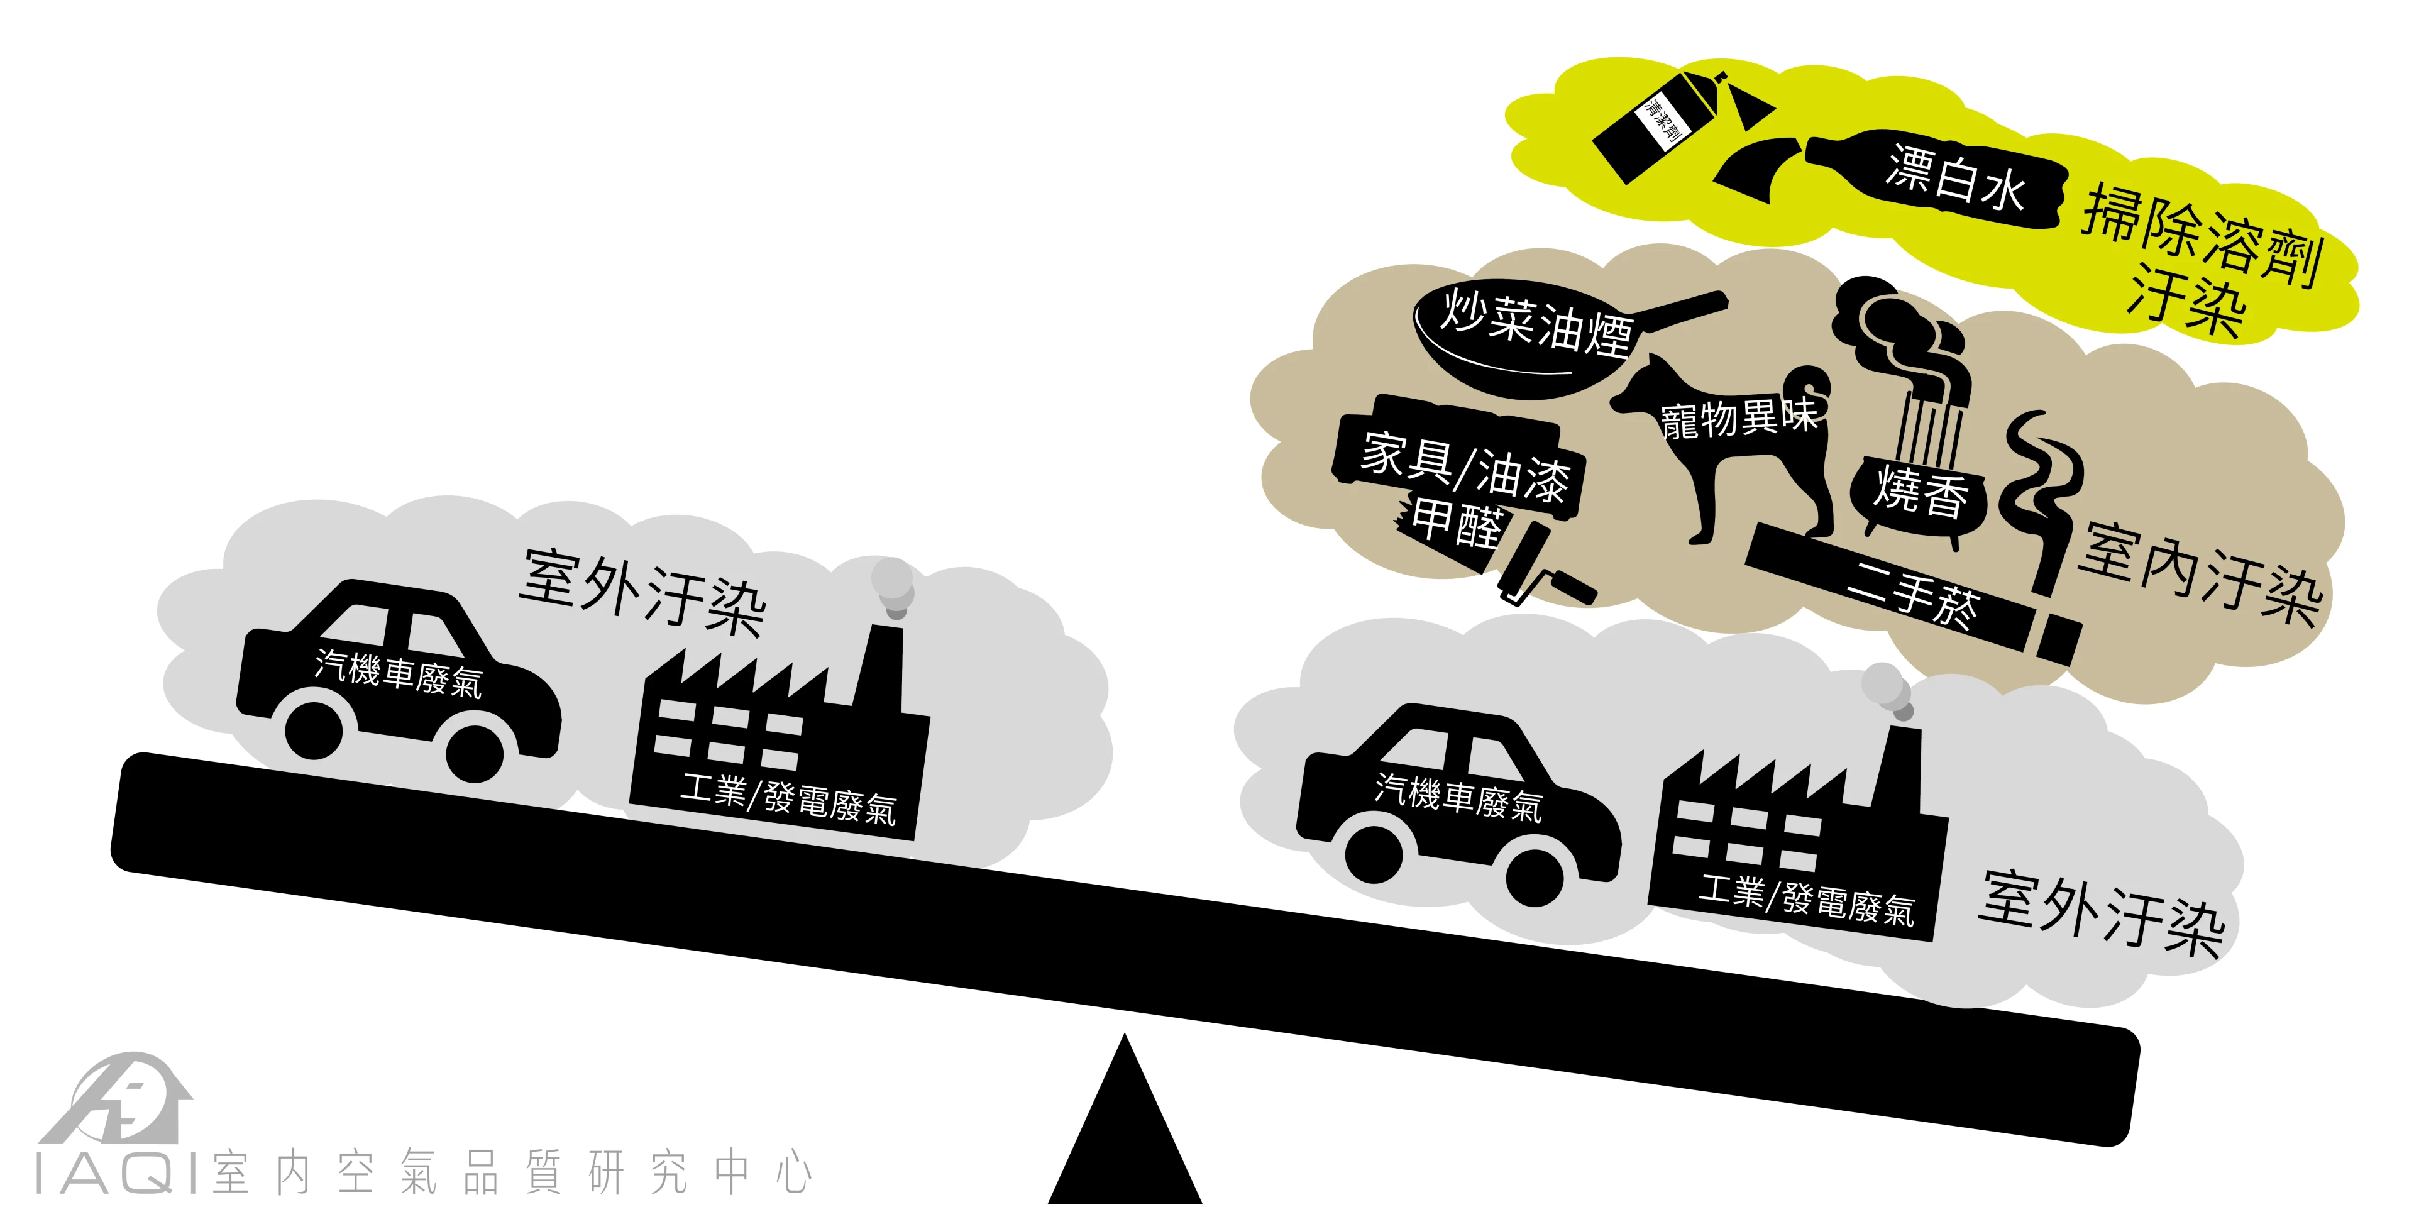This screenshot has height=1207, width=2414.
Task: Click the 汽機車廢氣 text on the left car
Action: (399, 673)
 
